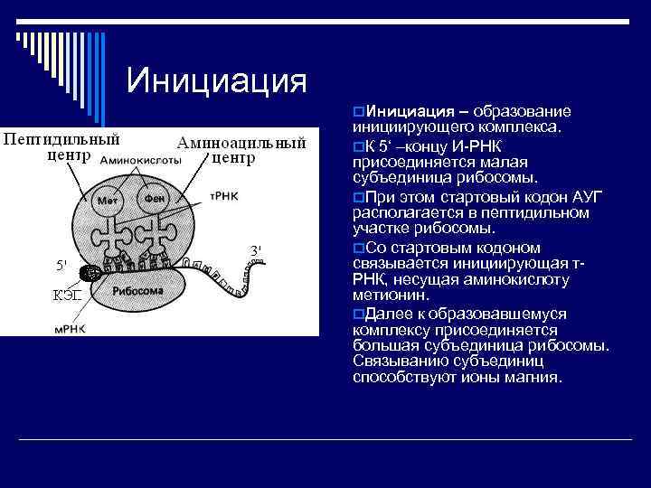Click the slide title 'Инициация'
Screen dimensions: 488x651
[217, 80]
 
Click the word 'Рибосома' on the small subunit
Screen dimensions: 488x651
[138, 292]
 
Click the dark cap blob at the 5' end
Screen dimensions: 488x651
[90, 273]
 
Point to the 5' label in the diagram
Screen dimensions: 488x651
[61, 266]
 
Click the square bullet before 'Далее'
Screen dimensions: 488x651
[359, 313]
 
